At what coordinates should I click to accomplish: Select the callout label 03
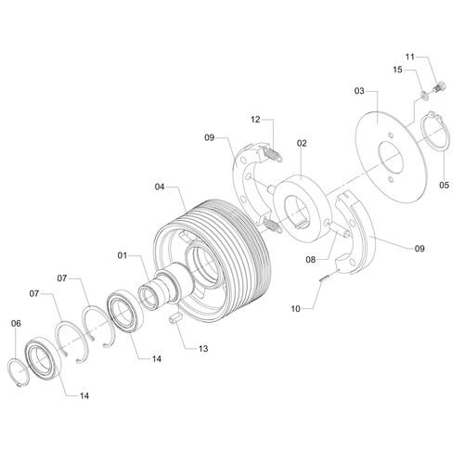(358, 91)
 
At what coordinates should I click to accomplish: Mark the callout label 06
(15, 323)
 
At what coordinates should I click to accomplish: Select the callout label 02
(302, 144)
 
